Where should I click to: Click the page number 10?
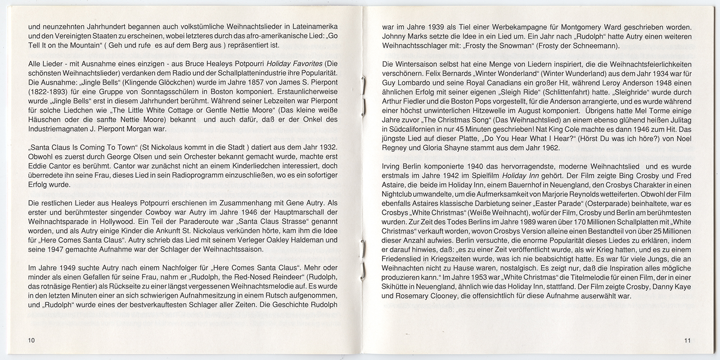tap(31, 340)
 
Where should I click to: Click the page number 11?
tap(687, 340)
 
